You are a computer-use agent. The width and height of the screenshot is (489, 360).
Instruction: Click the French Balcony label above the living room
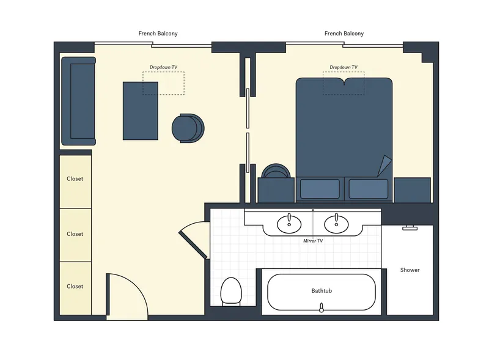158,34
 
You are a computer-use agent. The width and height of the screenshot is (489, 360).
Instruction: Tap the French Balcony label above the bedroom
344,34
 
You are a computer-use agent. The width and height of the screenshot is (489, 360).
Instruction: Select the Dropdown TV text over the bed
344,67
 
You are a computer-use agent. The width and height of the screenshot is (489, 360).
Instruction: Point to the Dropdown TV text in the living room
163,67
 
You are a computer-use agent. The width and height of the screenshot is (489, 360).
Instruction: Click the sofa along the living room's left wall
78,101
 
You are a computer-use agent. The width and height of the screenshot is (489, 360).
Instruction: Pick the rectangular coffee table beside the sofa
141,111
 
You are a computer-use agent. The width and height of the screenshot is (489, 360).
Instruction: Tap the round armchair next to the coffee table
187,128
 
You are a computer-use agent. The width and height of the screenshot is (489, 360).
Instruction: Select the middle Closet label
75,234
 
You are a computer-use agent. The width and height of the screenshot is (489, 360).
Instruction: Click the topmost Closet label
75,179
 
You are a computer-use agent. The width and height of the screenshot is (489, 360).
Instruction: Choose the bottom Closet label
75,286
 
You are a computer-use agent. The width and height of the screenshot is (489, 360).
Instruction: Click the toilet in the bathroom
231,291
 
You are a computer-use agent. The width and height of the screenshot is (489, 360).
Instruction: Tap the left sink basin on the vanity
289,225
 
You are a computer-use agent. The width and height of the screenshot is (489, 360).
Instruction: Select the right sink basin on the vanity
336,225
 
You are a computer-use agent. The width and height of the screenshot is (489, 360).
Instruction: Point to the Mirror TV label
313,241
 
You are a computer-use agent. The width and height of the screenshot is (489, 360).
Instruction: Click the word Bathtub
322,291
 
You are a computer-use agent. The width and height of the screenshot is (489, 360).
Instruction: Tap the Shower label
410,270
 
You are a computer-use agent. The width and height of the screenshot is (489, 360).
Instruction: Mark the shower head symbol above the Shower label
410,229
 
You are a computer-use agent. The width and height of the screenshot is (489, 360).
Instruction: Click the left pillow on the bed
320,189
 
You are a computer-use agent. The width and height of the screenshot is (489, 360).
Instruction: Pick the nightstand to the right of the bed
413,189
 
